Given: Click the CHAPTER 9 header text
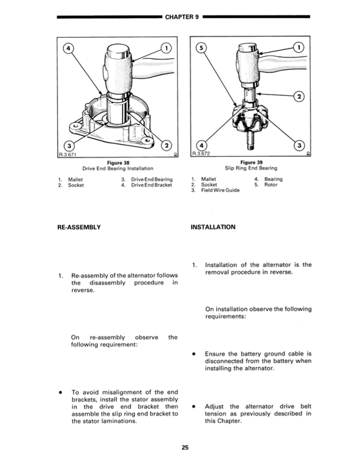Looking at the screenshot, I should pyautogui.click(x=179, y=16).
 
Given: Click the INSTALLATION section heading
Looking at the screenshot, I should pyautogui.click(x=213, y=227).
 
